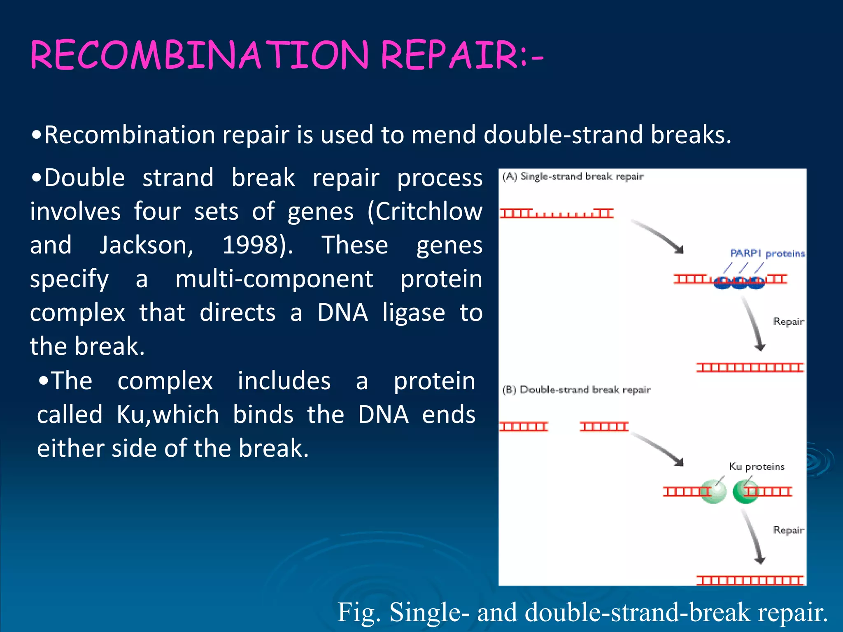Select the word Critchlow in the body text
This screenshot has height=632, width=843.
point(424,211)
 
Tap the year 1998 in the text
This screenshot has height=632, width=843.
point(252,245)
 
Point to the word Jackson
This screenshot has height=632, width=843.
point(146,245)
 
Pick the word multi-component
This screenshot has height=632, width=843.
point(274,279)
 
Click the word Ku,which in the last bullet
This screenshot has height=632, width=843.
point(168,414)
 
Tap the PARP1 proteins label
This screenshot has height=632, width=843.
point(767,253)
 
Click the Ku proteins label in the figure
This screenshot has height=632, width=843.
point(757,467)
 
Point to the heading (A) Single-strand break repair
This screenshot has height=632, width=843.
point(572,177)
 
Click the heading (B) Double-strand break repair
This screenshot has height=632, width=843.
point(576,389)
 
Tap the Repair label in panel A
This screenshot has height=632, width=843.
point(788,321)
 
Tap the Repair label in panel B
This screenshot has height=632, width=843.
point(788,530)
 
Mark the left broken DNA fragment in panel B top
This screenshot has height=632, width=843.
point(524,427)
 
